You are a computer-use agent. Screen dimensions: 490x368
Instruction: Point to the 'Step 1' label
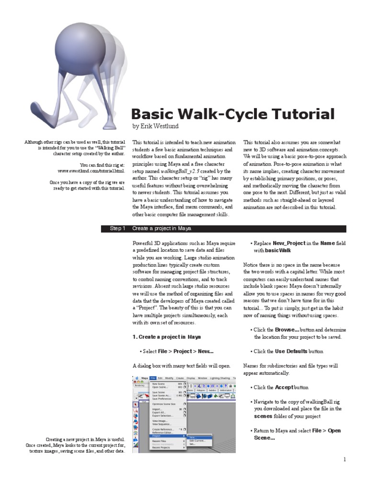[117, 229]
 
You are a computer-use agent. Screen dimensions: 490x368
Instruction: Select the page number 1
[344, 459]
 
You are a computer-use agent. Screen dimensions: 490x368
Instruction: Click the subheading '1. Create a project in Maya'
[166, 337]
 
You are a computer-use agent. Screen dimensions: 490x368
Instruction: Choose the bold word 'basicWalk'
[278, 250]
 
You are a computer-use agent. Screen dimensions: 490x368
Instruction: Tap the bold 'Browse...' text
[287, 330]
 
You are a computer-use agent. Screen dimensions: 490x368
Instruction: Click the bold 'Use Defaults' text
[291, 351]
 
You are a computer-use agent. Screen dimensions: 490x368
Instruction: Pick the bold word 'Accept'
[285, 387]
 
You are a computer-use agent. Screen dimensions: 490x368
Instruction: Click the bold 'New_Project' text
[289, 243]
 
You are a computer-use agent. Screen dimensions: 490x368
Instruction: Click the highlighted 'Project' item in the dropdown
[157, 436]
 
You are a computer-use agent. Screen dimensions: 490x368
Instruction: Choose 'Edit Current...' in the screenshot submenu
[197, 440]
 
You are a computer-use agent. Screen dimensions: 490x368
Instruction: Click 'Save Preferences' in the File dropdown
[162, 398]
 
